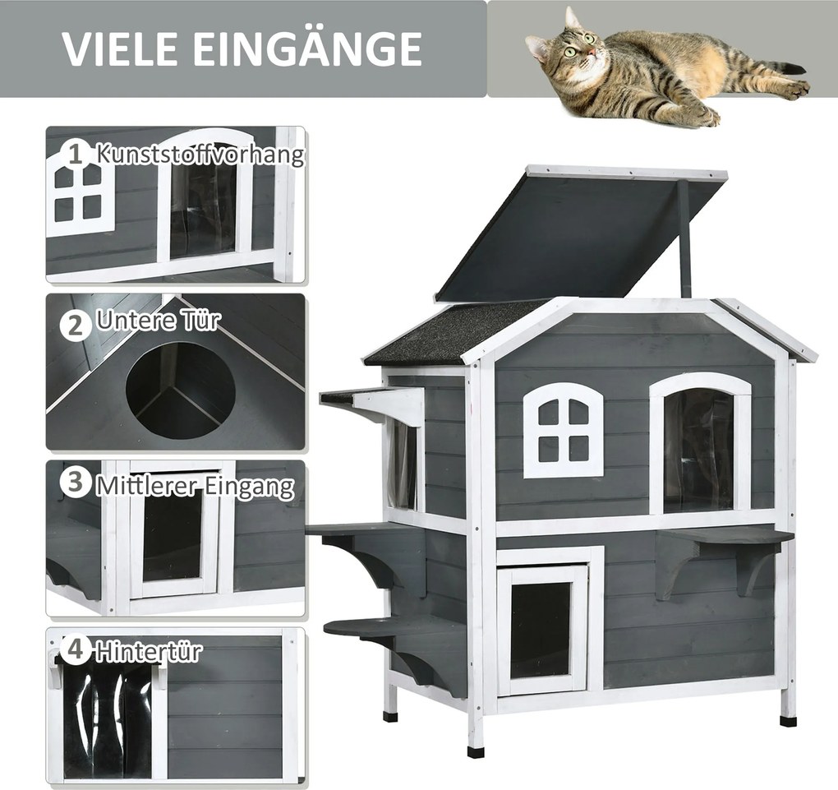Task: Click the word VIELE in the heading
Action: tap(121, 49)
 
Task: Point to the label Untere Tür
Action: tap(159, 321)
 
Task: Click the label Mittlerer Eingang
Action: tap(196, 487)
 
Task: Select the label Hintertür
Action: tap(149, 651)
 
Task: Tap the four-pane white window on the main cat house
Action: tap(564, 431)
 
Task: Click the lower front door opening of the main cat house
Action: tap(541, 630)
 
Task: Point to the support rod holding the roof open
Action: tap(684, 238)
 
